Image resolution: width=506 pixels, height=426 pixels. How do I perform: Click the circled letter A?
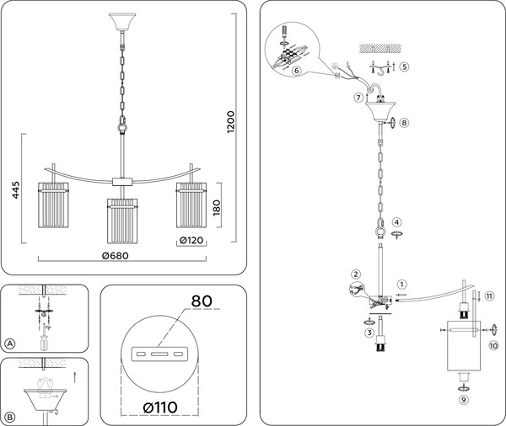click(x=10, y=343)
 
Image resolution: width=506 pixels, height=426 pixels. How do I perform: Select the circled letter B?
click(x=10, y=415)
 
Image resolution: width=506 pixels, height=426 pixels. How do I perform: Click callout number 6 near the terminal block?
click(x=298, y=72)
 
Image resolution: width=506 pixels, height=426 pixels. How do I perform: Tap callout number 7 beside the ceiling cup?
click(x=358, y=98)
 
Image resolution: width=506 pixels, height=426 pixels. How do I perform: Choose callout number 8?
click(x=404, y=123)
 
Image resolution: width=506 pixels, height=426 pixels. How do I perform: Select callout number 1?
click(x=402, y=285)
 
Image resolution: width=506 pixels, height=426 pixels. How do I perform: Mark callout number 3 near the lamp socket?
click(x=369, y=333)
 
